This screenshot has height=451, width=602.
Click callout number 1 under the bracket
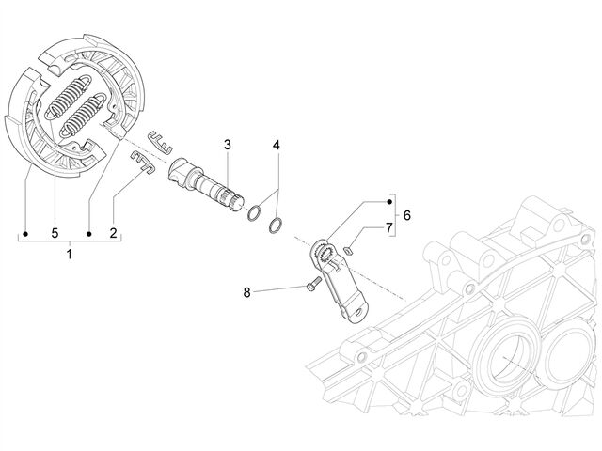click(x=70, y=254)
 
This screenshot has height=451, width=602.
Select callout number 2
click(x=113, y=232)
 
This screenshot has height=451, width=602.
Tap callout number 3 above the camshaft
click(x=228, y=145)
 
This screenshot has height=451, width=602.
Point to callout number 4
click(x=276, y=145)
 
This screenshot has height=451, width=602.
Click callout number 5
click(x=55, y=232)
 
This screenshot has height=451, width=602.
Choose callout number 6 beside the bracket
click(x=407, y=215)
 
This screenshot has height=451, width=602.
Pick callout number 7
click(x=389, y=227)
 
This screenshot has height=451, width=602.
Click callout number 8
click(x=246, y=292)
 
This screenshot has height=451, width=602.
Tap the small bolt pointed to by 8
click(x=313, y=283)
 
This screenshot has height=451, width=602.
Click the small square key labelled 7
click(x=348, y=251)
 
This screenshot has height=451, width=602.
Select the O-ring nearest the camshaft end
click(x=254, y=213)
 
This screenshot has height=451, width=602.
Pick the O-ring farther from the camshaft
click(x=277, y=225)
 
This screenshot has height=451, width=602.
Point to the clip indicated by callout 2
click(x=143, y=162)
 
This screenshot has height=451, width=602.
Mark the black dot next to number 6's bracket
click(x=389, y=202)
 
